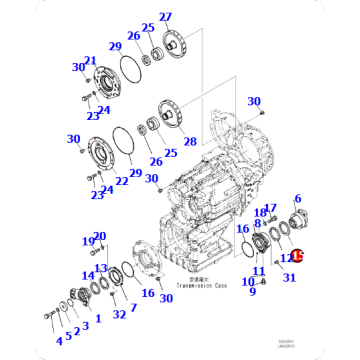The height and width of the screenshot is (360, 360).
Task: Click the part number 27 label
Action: [x=165, y=17]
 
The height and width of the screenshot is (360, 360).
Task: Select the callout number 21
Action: [x=91, y=60]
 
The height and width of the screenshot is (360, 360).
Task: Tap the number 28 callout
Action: [x=190, y=142]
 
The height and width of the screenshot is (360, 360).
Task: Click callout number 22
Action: [x=122, y=180]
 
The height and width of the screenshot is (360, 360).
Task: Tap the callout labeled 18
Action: [x=259, y=213]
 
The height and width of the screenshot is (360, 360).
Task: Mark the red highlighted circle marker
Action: [x=296, y=257]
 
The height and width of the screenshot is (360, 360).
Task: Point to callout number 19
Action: [x=88, y=241]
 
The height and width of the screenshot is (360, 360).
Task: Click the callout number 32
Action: [x=119, y=315]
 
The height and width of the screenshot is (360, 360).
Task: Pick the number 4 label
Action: [x=59, y=340]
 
